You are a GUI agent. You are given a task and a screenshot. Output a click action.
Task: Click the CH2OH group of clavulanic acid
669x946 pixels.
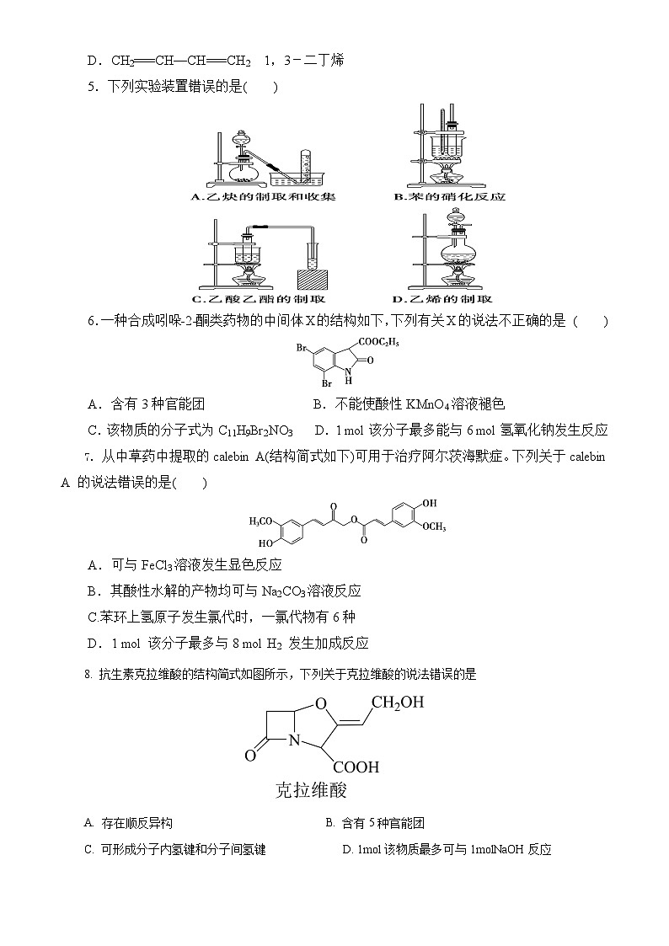[399, 702]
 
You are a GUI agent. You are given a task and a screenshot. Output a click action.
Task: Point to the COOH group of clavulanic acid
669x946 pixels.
[356, 767]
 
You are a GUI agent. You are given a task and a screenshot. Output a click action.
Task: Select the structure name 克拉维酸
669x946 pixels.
[312, 790]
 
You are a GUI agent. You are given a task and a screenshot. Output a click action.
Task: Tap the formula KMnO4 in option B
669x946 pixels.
[431, 404]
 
